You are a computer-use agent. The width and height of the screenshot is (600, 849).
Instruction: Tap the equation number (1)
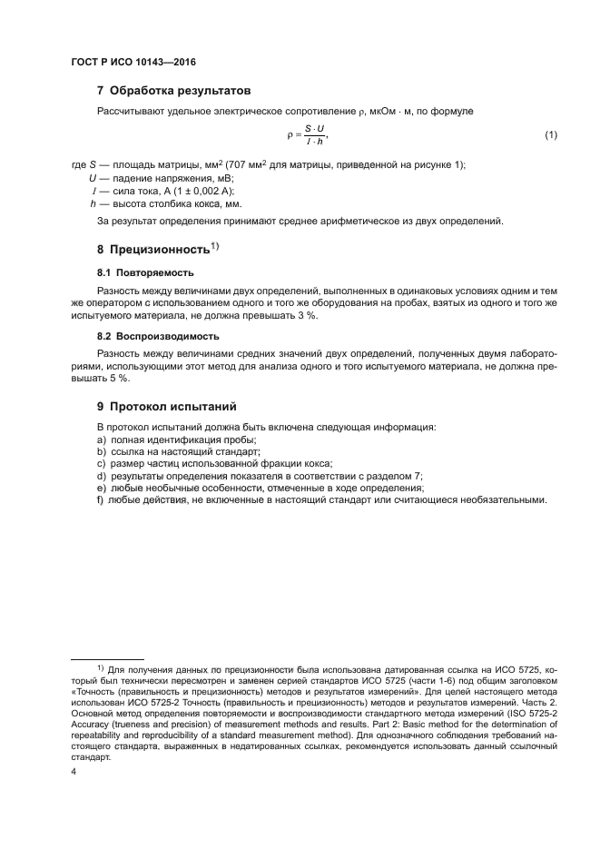(550, 136)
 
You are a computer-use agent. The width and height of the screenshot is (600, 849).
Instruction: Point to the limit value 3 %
(319, 315)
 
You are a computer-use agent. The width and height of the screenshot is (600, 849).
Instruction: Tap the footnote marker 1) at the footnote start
(102, 667)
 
